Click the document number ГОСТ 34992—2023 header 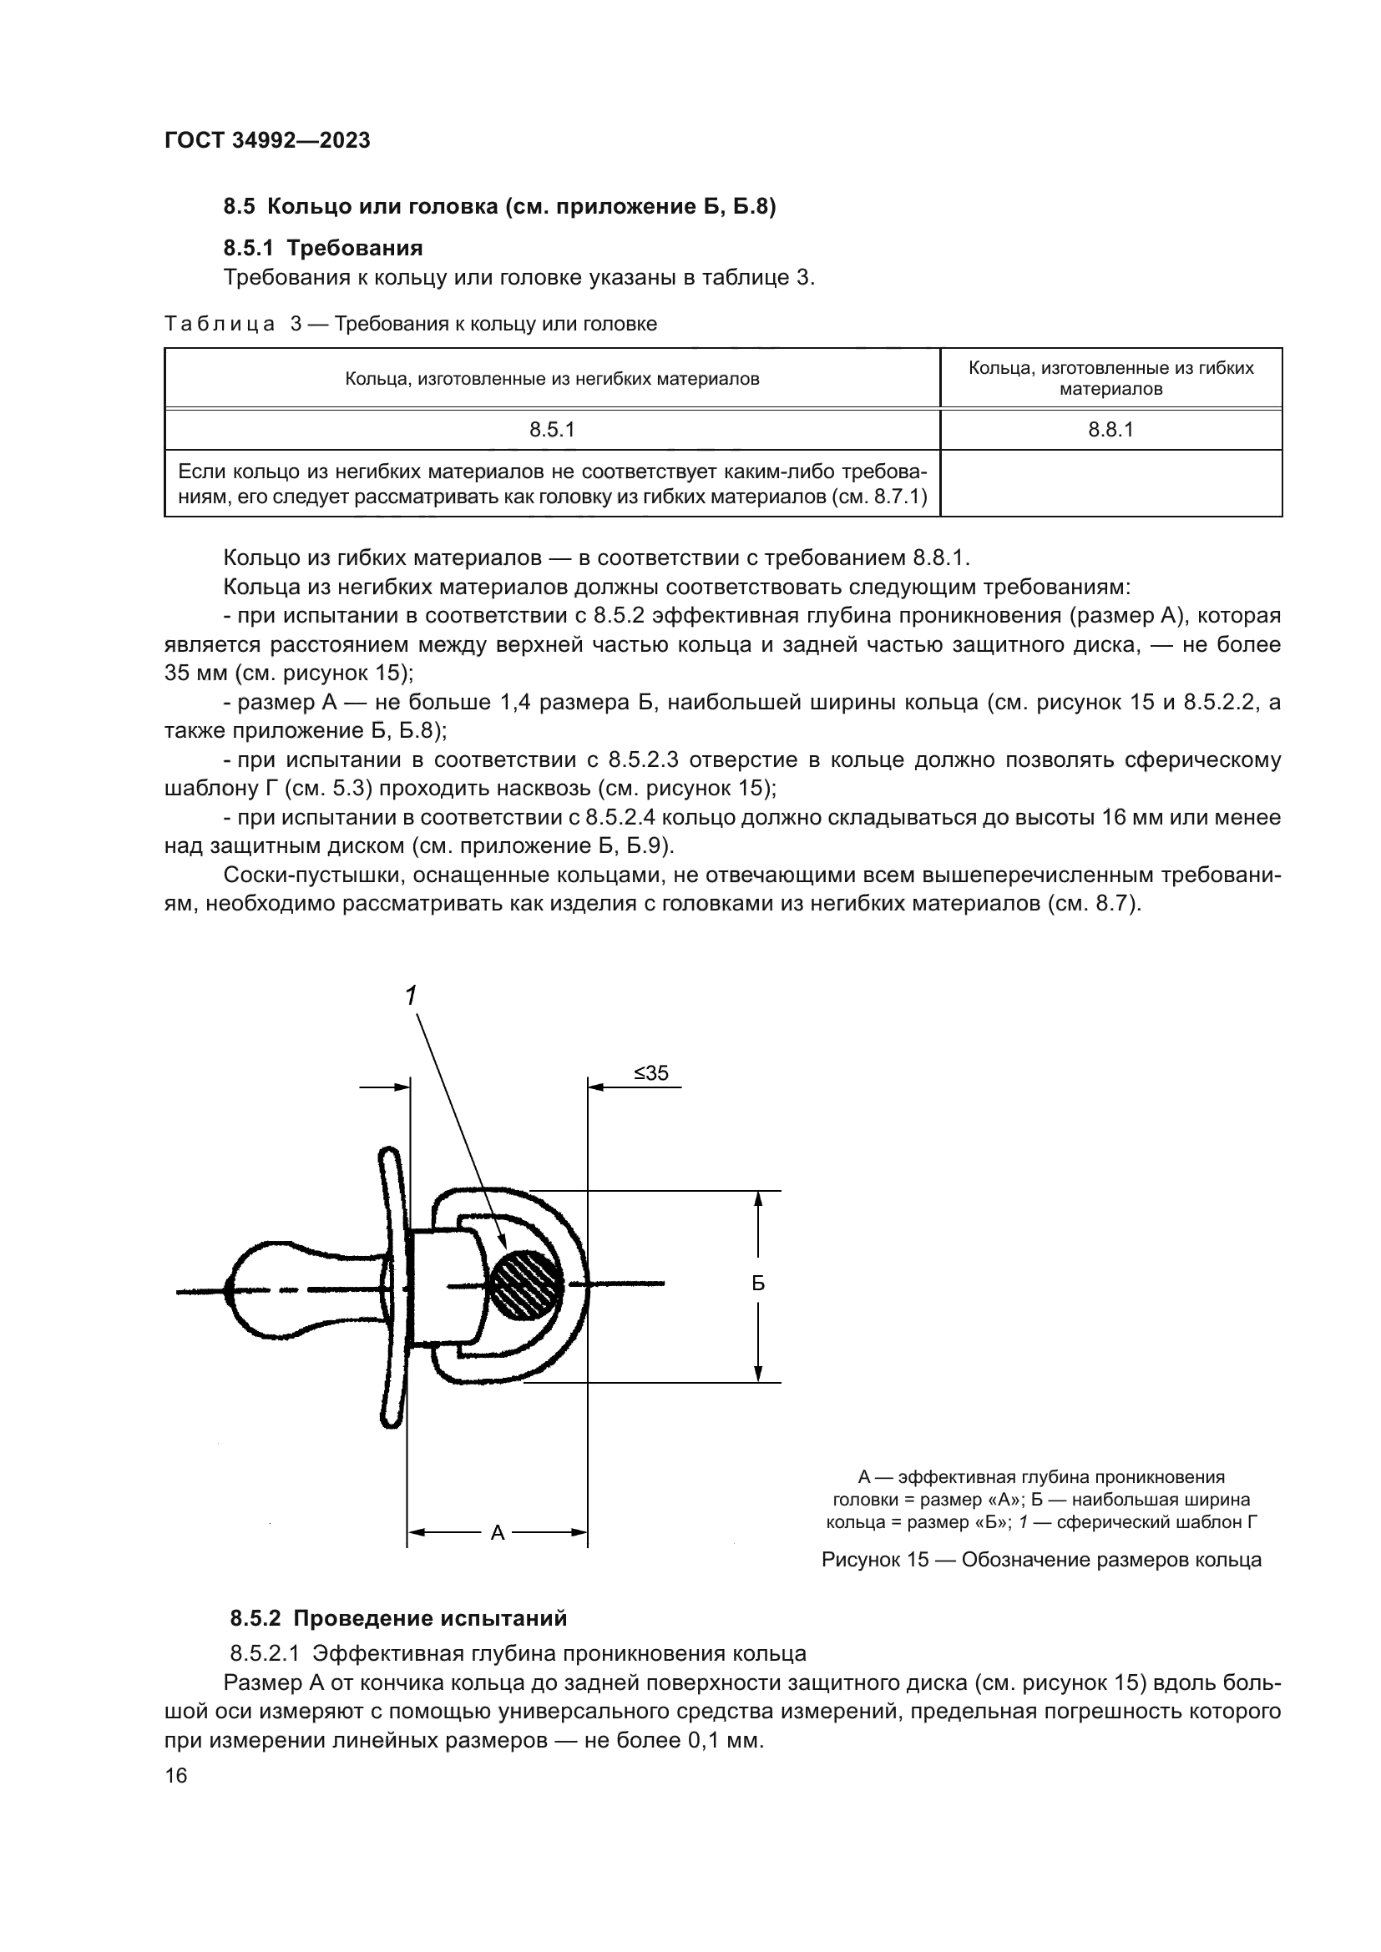pos(267,140)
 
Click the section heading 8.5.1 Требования pos(323,248)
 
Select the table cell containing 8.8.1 pos(1110,430)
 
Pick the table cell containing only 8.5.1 pos(552,430)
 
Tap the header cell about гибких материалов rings pos(1110,378)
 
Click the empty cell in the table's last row pos(1110,483)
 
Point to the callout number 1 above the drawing pos(412,996)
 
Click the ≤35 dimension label pos(650,1074)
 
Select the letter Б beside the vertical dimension pos(757,1284)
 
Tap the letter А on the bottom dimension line pos(498,1533)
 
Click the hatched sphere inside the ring pos(528,1284)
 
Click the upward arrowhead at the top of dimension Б pos(757,1199)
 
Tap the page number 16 pos(176,1776)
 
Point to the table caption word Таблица pos(220,324)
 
